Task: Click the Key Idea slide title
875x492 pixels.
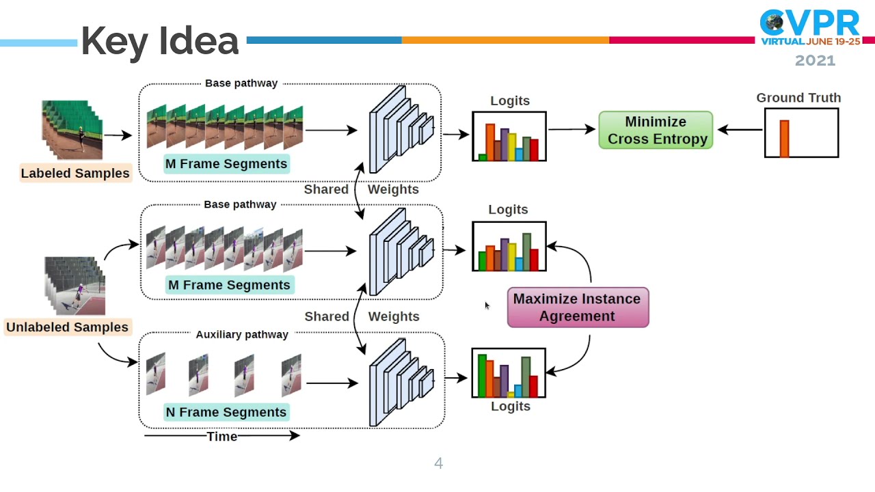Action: point(160,41)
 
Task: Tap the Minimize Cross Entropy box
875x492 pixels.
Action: point(656,131)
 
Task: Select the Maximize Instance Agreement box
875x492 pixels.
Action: point(578,307)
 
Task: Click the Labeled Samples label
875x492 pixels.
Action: point(75,173)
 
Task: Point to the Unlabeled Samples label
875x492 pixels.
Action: point(67,327)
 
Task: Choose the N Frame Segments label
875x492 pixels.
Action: point(226,412)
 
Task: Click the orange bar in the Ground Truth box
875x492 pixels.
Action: point(784,139)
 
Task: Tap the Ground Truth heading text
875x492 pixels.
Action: point(798,98)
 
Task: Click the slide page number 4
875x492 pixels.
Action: point(438,464)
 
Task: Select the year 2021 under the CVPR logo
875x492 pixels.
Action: point(815,61)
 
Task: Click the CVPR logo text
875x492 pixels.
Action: point(810,24)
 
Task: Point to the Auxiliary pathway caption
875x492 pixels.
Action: point(242,334)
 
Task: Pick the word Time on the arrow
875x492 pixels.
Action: point(221,436)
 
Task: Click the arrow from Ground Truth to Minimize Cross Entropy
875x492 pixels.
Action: point(740,130)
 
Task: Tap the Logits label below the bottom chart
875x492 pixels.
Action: point(511,406)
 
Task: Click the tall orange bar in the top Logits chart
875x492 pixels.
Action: point(490,141)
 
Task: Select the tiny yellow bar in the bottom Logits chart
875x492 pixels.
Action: point(511,394)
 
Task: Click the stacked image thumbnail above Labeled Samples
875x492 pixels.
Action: point(72,130)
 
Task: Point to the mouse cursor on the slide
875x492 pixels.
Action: point(487,305)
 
